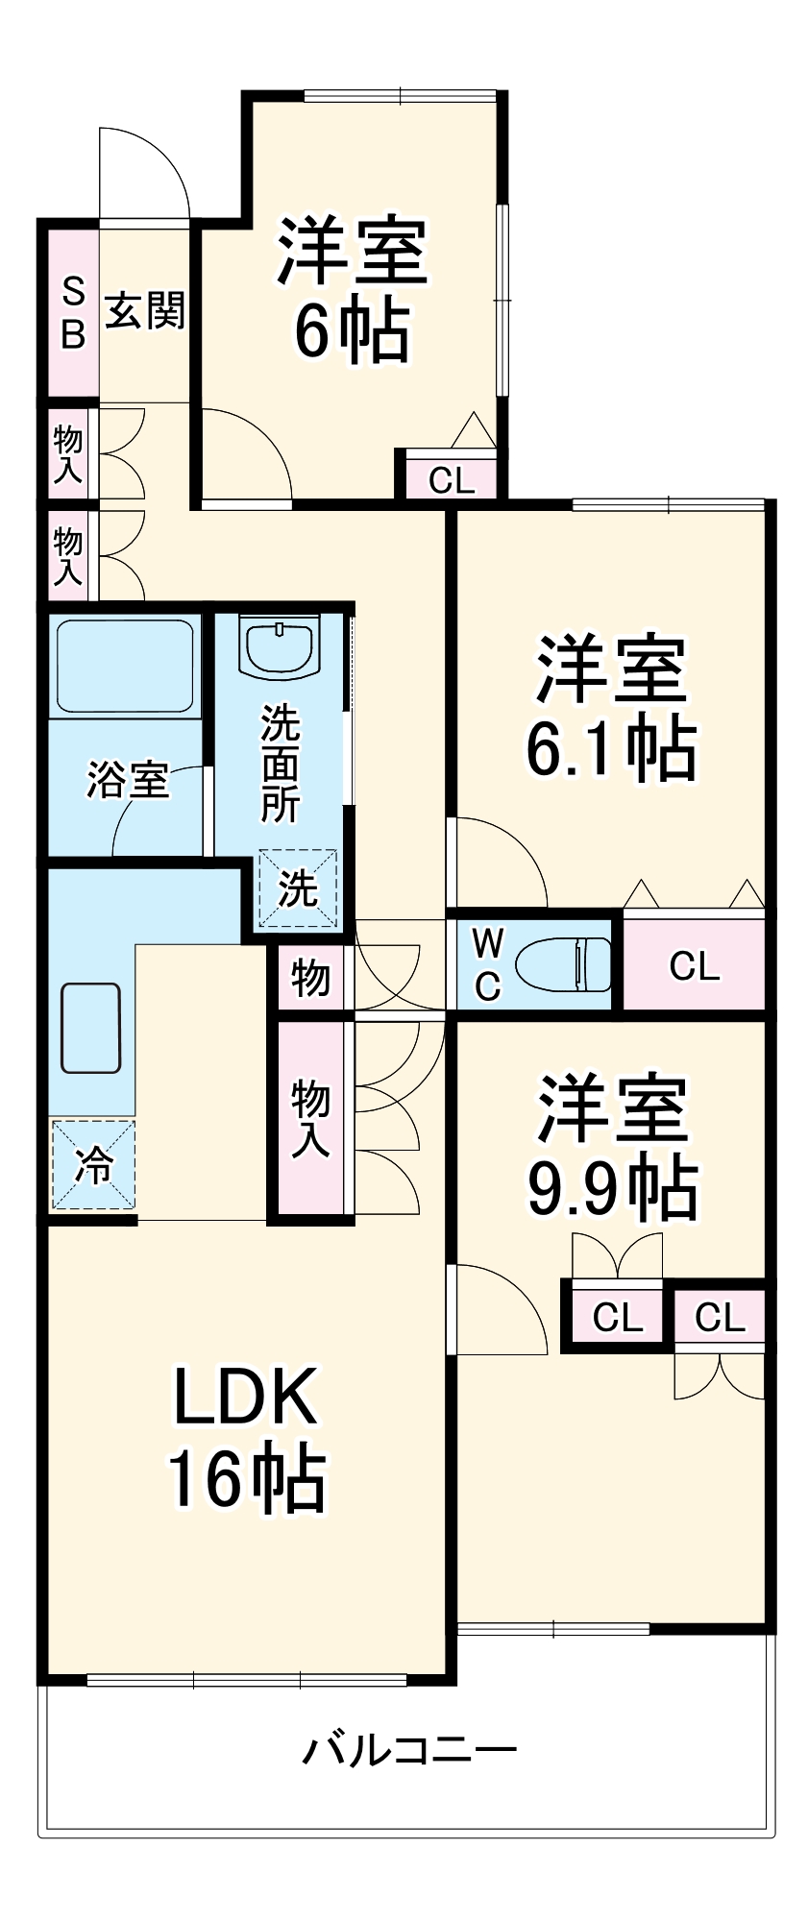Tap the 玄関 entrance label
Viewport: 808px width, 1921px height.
pyautogui.click(x=144, y=311)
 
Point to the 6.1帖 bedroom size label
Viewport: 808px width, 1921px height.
pyautogui.click(x=610, y=750)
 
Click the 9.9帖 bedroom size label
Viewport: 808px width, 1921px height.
pyautogui.click(x=612, y=1188)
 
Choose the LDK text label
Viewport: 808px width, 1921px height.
pyautogui.click(x=245, y=1397)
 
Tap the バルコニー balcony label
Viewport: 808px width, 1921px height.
pyautogui.click(x=410, y=1750)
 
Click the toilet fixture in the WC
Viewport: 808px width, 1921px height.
pyautogui.click(x=565, y=964)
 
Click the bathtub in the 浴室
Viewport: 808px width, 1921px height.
pyautogui.click(x=124, y=666)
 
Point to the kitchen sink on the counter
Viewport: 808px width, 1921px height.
pyautogui.click(x=91, y=1028)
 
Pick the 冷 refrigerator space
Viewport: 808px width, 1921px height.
pyautogui.click(x=93, y=1164)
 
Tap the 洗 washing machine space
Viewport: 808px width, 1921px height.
pyautogui.click(x=298, y=889)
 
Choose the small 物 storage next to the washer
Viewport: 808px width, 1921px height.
pyautogui.click(x=310, y=979)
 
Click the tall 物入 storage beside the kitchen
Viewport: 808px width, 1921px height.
pyautogui.click(x=310, y=1118)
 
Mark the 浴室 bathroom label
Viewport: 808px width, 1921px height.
pyautogui.click(x=128, y=779)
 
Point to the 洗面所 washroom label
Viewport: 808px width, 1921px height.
pyautogui.click(x=281, y=764)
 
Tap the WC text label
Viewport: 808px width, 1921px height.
pyautogui.click(x=487, y=964)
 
